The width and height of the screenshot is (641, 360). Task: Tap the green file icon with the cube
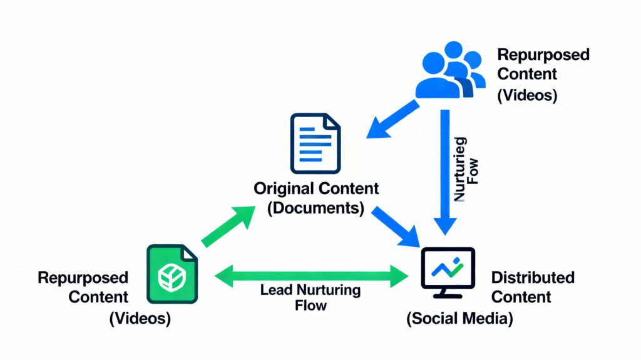click(171, 274)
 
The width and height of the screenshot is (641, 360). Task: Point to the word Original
click(285, 188)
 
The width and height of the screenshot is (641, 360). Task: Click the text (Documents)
click(315, 208)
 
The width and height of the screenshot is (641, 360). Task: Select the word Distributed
click(533, 277)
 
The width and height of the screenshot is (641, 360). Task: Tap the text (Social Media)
click(459, 319)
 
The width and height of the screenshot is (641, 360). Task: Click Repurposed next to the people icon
click(543, 55)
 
